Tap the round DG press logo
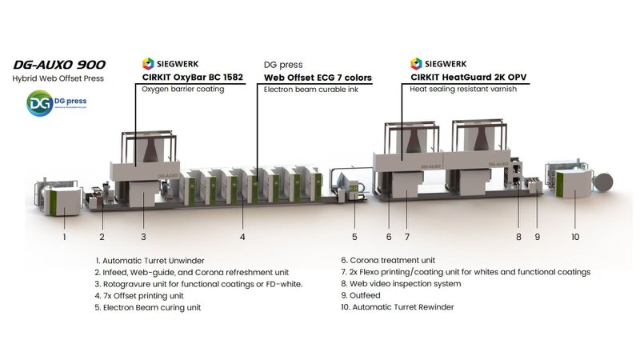(x=39, y=103)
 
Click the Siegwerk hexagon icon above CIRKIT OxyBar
(x=147, y=63)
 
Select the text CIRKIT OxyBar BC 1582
(x=192, y=78)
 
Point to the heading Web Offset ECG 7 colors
(x=318, y=78)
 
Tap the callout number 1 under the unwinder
(x=65, y=237)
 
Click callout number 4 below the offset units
(x=242, y=237)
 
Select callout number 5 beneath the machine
(x=354, y=237)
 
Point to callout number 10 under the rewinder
(x=575, y=237)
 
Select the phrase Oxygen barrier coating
(x=182, y=90)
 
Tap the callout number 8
(x=518, y=237)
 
